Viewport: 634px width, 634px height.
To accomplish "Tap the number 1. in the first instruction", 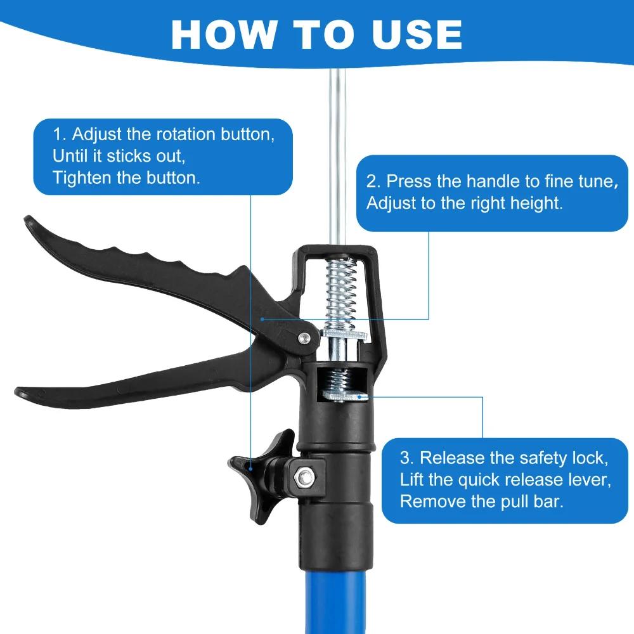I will (x=60, y=134).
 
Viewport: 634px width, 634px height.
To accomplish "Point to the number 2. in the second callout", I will (x=374, y=182).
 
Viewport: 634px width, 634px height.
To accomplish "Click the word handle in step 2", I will (x=491, y=182).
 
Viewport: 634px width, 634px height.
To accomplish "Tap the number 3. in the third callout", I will (x=407, y=458).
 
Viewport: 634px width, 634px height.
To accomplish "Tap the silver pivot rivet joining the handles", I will (x=304, y=339).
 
